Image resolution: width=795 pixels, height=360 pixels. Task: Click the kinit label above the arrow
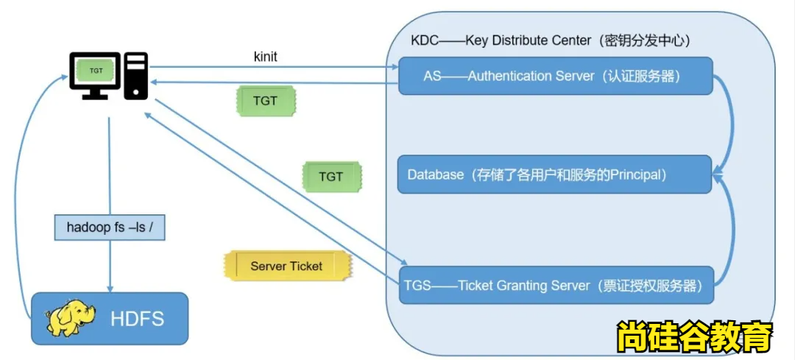pos(265,57)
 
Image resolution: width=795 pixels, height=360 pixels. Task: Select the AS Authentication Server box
pos(556,76)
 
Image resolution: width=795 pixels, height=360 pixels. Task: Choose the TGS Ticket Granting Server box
pos(557,285)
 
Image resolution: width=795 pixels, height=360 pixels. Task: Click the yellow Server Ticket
pos(286,266)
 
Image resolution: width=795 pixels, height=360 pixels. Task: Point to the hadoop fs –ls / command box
pos(110,227)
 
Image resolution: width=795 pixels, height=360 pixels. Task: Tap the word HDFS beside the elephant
pos(137,320)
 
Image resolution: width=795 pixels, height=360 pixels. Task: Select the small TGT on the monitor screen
pos(96,71)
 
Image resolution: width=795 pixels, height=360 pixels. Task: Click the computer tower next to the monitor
pos(135,76)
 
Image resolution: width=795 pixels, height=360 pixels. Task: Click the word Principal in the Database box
pos(637,175)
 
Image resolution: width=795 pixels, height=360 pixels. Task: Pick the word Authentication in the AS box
pos(506,76)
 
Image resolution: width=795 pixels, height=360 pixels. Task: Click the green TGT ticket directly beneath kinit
pos(265,101)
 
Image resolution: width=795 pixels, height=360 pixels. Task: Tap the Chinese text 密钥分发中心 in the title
pos(645,40)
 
